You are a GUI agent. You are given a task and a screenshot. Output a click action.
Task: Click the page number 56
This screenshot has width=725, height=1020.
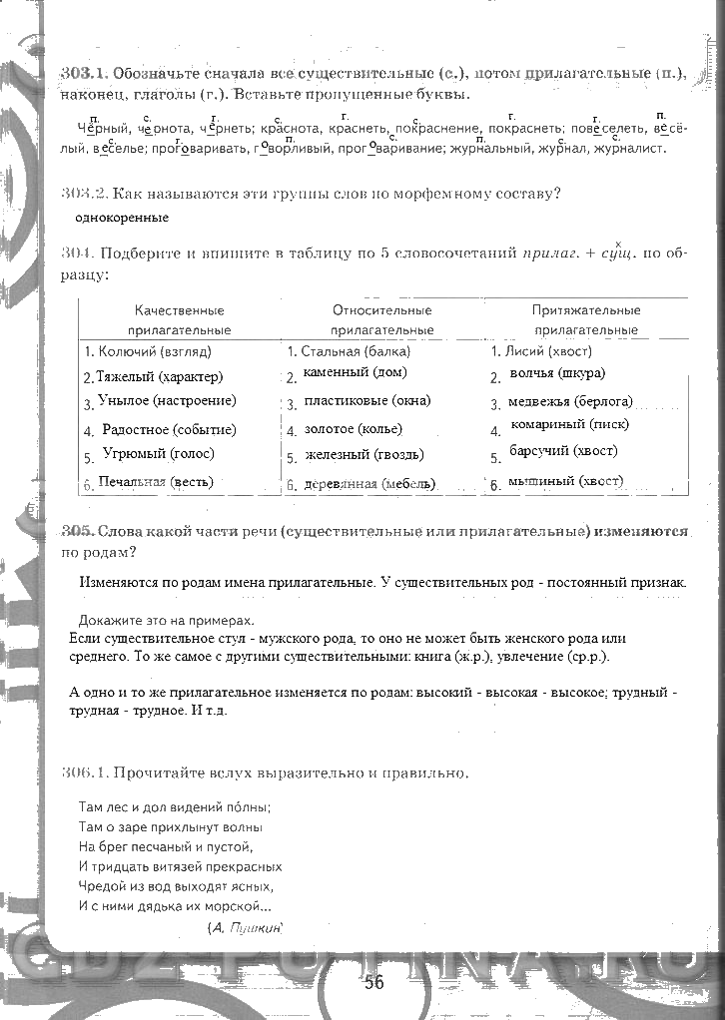[x=373, y=981]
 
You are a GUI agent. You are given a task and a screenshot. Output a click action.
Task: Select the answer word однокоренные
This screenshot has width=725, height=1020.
[x=122, y=218]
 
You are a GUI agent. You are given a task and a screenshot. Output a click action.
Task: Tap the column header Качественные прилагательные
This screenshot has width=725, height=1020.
[x=179, y=319]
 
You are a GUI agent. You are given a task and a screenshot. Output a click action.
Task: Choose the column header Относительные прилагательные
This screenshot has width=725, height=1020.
[x=381, y=319]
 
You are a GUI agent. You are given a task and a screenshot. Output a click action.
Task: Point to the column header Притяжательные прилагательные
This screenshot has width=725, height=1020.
[x=585, y=319]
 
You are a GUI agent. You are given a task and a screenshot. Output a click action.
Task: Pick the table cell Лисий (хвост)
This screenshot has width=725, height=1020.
[x=541, y=351]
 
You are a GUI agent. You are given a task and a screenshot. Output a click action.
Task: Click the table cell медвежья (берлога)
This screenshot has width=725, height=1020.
[x=570, y=403]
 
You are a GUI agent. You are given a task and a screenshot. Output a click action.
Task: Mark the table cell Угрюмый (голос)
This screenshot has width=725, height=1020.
[x=158, y=453]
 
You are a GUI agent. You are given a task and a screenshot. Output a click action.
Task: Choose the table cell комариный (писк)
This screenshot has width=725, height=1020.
[x=568, y=425]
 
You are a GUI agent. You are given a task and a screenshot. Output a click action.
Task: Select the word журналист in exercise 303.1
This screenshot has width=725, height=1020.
[x=629, y=149]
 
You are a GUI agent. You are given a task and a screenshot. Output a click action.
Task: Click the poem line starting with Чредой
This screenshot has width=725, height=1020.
[x=175, y=885]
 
